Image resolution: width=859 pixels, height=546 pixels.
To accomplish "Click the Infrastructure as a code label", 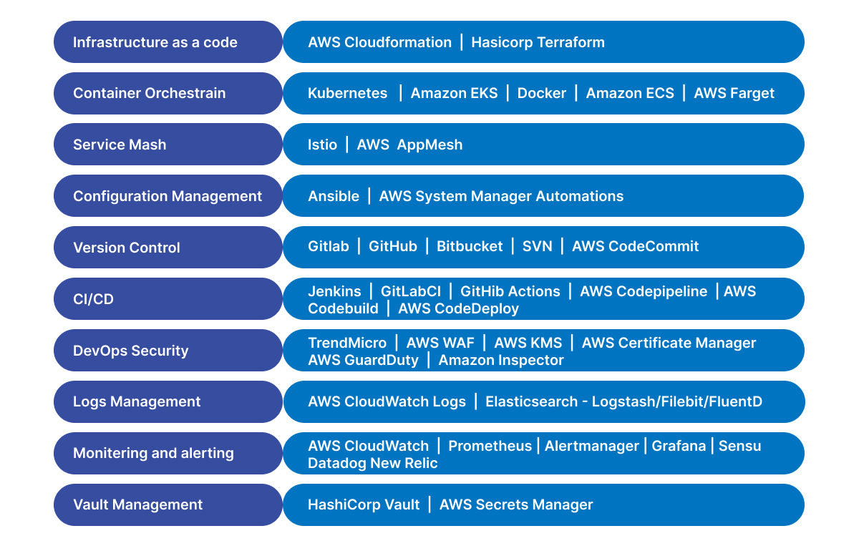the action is coord(155,42).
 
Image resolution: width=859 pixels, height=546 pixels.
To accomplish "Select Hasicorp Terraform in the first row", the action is coord(538,42).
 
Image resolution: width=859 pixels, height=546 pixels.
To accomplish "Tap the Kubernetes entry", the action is coord(347,93).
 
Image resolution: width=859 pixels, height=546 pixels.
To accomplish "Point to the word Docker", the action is coord(541,93).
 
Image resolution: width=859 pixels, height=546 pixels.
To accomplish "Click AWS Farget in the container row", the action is coord(734,93).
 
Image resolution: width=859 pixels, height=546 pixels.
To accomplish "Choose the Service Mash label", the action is coord(120,145).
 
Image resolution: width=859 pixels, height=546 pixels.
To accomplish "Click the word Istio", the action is coord(323,145).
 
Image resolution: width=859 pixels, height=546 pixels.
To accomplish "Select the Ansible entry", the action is coord(334,196).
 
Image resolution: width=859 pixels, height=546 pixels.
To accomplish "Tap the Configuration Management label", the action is coord(168,196).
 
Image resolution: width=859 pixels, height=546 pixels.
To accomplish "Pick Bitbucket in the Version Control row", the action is coord(470,246).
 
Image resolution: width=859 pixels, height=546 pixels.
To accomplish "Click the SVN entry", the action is coord(538,246).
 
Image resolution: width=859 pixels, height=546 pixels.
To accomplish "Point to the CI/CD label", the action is coord(93,299).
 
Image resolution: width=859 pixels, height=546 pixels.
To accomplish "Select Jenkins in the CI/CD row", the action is coord(334,291).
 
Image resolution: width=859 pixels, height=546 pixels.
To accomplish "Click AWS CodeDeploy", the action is coord(458,308).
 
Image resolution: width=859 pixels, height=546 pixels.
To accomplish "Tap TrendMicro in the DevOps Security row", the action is coord(347,343).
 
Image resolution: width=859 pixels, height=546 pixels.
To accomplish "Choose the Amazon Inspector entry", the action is coord(501,360).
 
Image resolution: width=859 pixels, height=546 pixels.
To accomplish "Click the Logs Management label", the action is coord(137,401).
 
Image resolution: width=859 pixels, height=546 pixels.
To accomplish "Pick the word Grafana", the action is coord(679,446).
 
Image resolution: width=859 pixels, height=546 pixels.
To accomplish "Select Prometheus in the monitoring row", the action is coord(490,446).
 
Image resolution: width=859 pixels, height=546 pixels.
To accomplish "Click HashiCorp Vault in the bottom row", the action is coord(364,504).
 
